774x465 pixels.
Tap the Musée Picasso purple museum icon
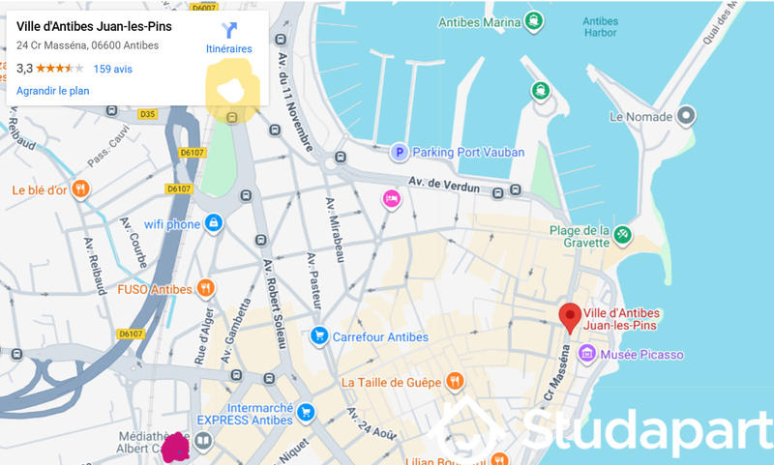coord(586,355)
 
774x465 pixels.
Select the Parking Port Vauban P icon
coord(399,152)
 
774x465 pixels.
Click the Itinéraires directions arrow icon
coord(229,30)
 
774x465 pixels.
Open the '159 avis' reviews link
coord(112,69)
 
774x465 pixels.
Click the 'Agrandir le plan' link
coord(53,90)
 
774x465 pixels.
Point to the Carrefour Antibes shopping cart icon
coord(318,336)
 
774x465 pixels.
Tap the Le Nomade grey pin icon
coord(686,117)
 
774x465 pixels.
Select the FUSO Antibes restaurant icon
coord(205,288)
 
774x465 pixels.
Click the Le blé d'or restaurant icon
coord(81,189)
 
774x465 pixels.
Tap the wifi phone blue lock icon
coord(213,223)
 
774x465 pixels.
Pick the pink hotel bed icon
coord(391,199)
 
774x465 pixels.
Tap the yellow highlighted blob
coord(233,87)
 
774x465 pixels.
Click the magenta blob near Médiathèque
coord(176,446)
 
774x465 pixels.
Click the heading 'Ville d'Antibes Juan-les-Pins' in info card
coord(94,26)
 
